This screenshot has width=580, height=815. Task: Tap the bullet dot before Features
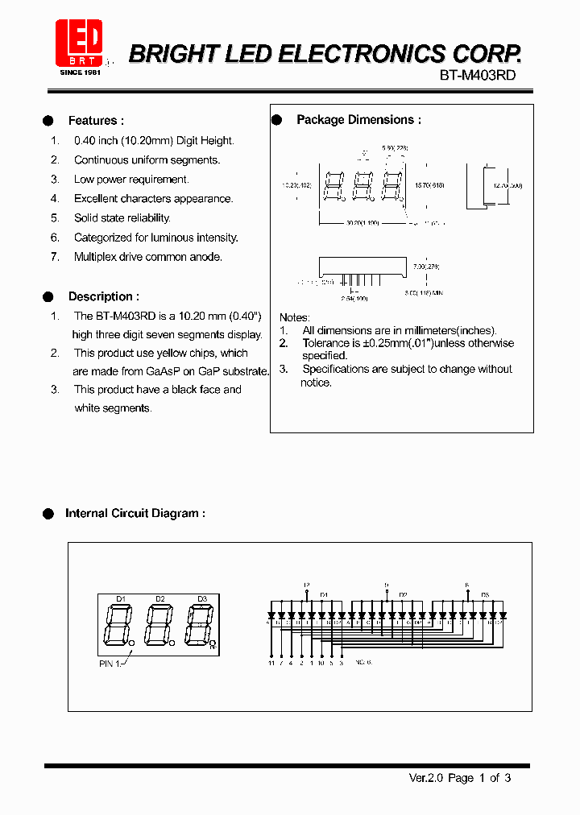click(x=48, y=121)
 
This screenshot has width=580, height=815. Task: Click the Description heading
click(x=104, y=296)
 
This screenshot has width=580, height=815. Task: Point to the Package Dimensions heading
click(x=358, y=119)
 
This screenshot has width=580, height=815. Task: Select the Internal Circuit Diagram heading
click(x=135, y=513)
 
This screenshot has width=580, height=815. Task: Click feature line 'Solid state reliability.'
click(x=122, y=218)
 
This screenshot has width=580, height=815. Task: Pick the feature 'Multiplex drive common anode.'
click(x=147, y=257)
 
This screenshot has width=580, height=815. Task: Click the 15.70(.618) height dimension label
click(x=429, y=184)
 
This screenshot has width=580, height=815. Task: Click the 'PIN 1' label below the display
click(x=110, y=664)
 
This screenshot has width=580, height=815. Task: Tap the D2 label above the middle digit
click(x=160, y=598)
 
